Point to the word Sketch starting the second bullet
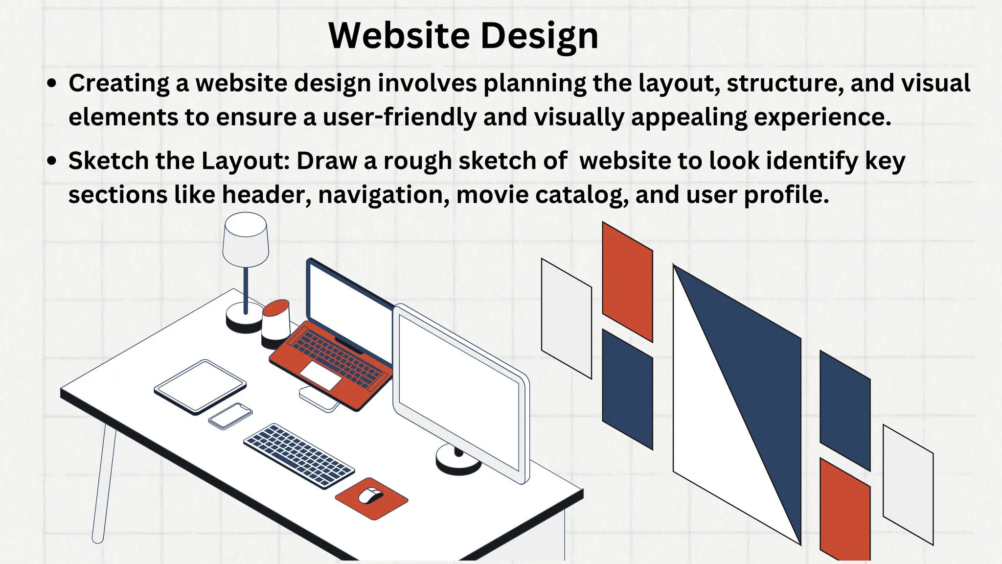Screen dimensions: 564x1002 point(108,161)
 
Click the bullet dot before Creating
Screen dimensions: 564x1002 point(52,84)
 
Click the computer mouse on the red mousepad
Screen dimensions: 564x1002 point(371,495)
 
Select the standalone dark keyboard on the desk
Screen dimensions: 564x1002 point(298,455)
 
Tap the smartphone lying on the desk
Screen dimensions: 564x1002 point(230,416)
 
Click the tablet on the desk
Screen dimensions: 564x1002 point(200,387)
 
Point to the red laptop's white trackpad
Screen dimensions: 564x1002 point(320,376)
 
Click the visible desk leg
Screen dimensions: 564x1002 point(104,485)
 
